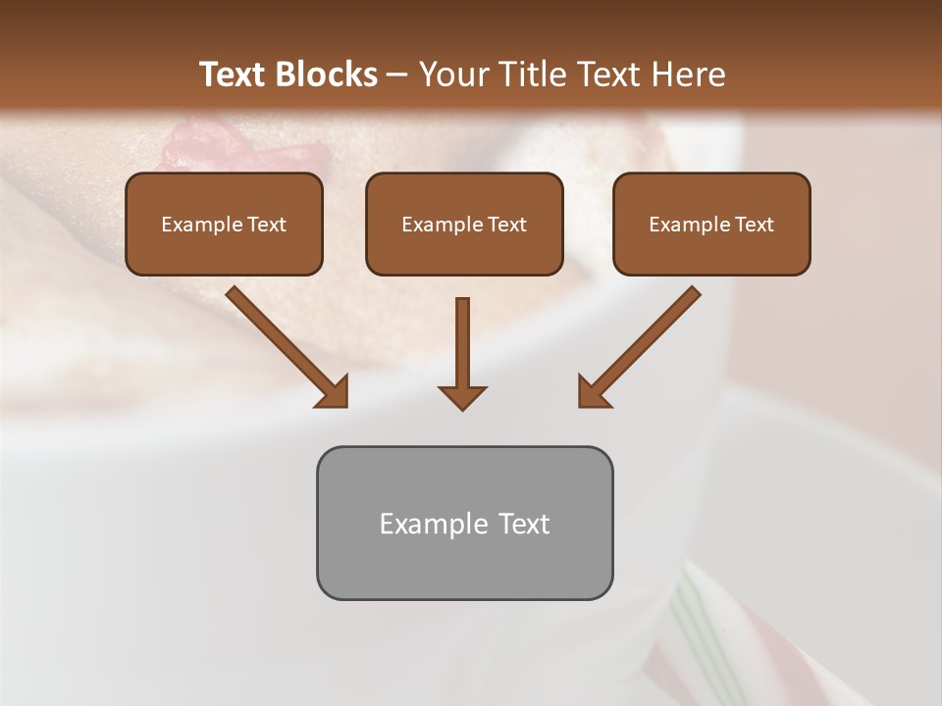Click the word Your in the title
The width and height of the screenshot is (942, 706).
pos(449,75)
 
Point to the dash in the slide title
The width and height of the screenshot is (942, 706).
pos(397,76)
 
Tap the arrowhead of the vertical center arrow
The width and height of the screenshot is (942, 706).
pos(462,396)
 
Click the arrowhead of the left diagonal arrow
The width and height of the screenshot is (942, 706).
pos(333,391)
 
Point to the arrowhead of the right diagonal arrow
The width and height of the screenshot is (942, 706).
pos(593,391)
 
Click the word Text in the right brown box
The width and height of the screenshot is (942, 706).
pos(754,225)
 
